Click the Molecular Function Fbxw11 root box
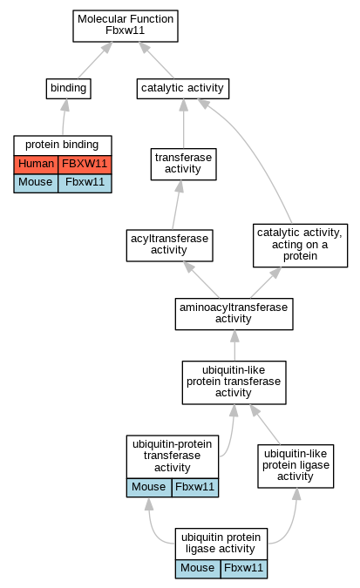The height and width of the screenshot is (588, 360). pyautogui.click(x=126, y=26)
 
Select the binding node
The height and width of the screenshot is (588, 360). pyautogui.click(x=68, y=89)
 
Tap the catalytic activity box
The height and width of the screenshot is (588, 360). pyautogui.click(x=183, y=89)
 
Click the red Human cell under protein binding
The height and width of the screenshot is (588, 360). pyautogui.click(x=36, y=165)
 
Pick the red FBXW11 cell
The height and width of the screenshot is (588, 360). pyautogui.click(x=85, y=165)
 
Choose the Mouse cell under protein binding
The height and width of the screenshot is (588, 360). pyautogui.click(x=36, y=183)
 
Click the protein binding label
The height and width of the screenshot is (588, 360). pyautogui.click(x=62, y=145)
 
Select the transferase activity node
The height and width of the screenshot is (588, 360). pyautogui.click(x=184, y=165)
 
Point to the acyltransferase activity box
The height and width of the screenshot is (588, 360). pyautogui.click(x=170, y=246)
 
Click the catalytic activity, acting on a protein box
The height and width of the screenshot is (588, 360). pyautogui.click(x=301, y=246)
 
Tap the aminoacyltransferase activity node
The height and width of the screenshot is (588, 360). pyautogui.click(x=234, y=314)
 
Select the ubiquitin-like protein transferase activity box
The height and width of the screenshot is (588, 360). pyautogui.click(x=234, y=382)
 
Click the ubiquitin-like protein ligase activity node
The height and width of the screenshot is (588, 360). pyautogui.click(x=295, y=466)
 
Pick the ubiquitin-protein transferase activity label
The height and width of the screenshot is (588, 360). pyautogui.click(x=173, y=456)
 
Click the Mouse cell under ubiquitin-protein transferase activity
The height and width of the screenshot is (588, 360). pyautogui.click(x=149, y=488)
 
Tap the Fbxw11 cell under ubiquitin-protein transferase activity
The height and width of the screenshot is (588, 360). pyautogui.click(x=195, y=488)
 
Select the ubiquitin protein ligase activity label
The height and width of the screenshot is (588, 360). pyautogui.click(x=221, y=544)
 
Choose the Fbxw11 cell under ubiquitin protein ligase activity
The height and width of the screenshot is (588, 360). pyautogui.click(x=244, y=569)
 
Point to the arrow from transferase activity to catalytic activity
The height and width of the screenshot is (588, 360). pyautogui.click(x=184, y=124)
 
